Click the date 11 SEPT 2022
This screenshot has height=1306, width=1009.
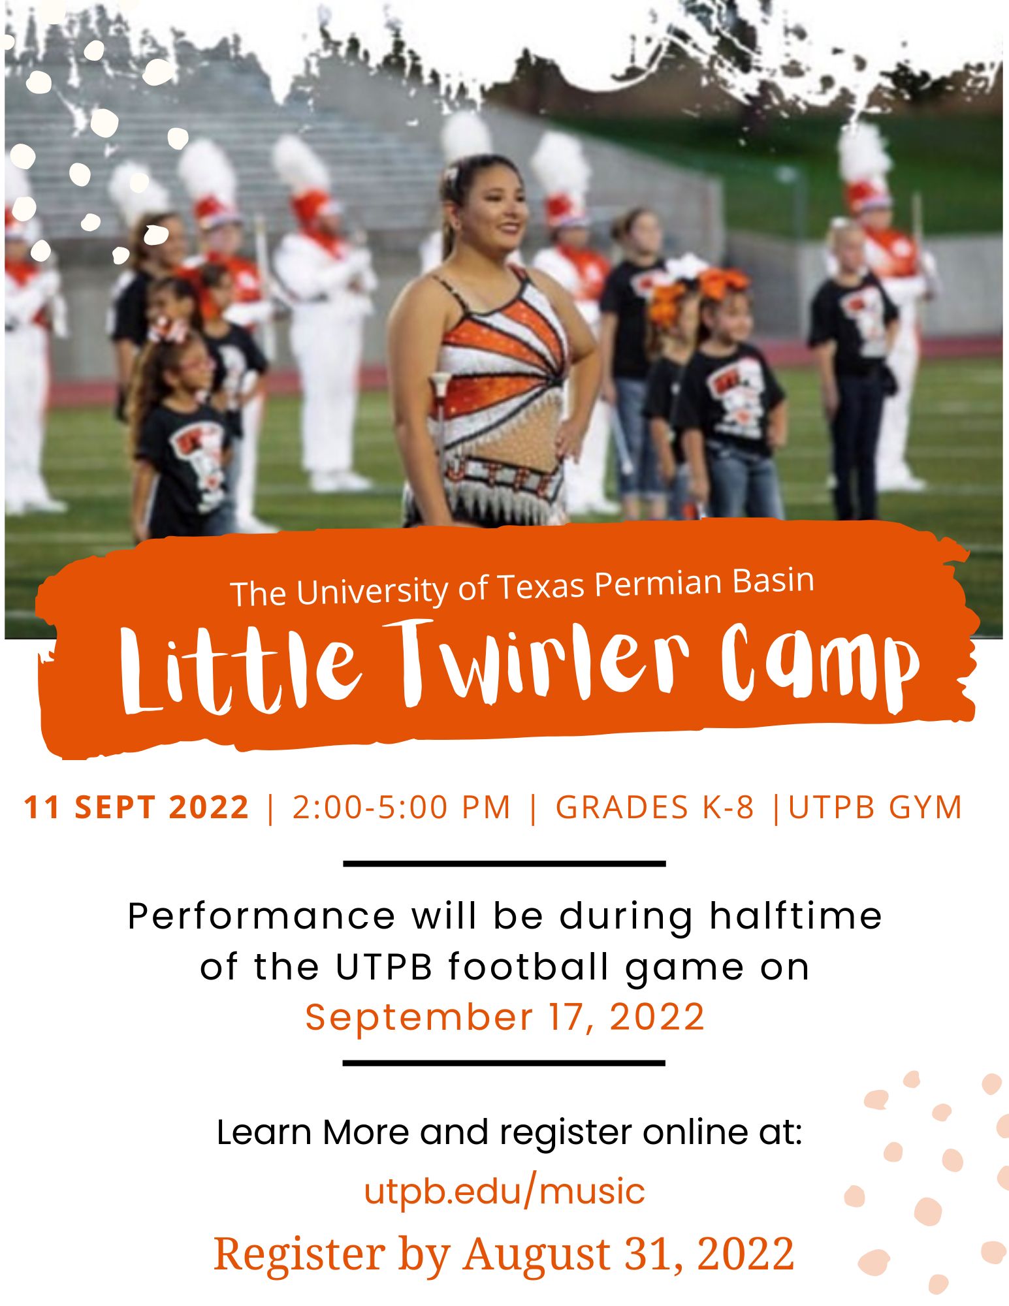coord(136,807)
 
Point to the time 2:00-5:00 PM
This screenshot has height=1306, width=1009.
coord(401,807)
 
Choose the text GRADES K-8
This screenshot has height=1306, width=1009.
coord(654,807)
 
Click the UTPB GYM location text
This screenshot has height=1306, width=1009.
coord(875,807)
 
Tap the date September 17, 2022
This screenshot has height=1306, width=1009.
coord(505,1017)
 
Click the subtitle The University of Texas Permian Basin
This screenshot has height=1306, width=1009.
coord(522,587)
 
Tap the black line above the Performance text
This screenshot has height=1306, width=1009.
coord(504,864)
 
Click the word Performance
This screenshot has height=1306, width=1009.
coord(262,916)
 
